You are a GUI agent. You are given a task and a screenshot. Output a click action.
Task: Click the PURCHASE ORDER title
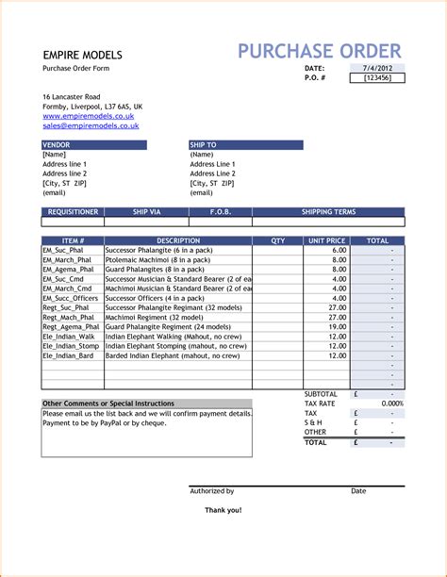[319, 51]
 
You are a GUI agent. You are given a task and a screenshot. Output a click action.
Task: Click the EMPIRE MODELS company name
[81, 54]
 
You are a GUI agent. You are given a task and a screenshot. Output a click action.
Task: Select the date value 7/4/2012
[387, 69]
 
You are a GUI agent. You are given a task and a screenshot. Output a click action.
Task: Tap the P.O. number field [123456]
[384, 78]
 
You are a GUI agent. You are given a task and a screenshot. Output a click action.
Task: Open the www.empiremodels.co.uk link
[88, 116]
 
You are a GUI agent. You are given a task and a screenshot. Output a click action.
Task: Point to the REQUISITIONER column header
[73, 212]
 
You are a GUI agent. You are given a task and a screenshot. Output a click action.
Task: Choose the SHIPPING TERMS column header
[328, 212]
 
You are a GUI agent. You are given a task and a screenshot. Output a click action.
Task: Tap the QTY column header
[277, 241]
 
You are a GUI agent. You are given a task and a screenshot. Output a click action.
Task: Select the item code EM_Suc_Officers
[70, 298]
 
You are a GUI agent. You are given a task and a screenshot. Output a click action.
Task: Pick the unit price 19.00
[338, 327]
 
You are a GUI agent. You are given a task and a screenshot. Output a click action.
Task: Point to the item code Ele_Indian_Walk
[69, 337]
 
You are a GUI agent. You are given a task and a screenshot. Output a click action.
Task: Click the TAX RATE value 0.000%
[391, 404]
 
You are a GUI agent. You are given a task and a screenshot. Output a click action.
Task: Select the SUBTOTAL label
[320, 393]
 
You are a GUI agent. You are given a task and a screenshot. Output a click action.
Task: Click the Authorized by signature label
[212, 491]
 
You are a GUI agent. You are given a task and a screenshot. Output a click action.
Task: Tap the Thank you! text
[223, 510]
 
